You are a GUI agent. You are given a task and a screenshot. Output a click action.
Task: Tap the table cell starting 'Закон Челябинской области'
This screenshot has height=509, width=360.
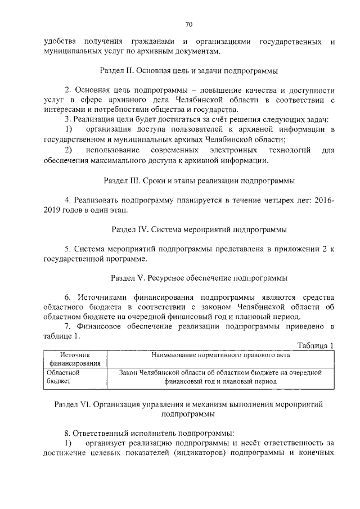(219, 376)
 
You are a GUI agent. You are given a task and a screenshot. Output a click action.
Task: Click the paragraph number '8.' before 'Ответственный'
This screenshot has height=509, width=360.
(69, 434)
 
